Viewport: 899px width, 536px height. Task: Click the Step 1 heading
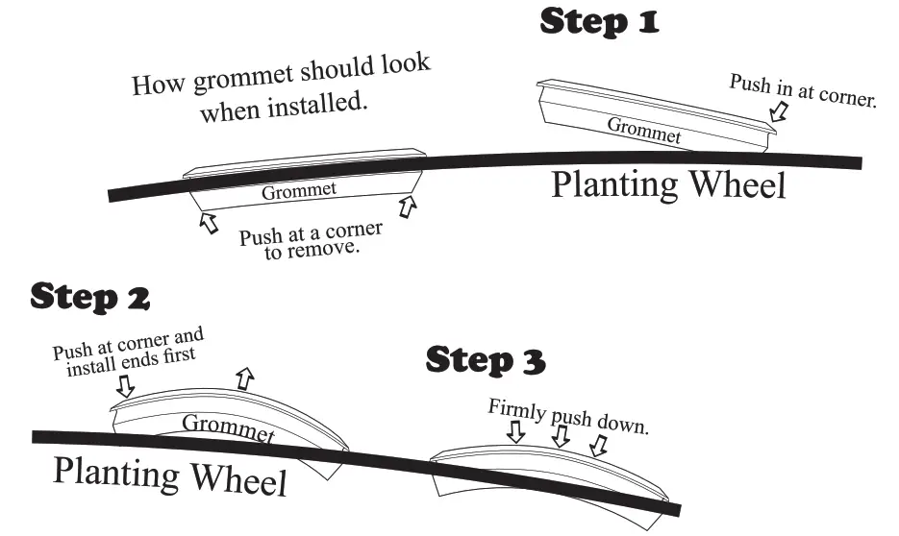coord(599,21)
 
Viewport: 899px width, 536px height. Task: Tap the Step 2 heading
coord(89,297)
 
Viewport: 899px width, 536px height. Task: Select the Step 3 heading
coord(485,361)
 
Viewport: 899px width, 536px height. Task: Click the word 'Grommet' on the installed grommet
coord(299,190)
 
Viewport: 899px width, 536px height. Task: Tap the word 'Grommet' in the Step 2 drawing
coord(228,428)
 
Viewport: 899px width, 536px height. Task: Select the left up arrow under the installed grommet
coord(204,222)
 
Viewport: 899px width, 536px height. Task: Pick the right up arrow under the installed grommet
coord(408,205)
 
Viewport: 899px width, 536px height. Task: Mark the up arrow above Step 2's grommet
coord(244,378)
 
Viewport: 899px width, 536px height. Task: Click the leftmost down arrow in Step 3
coord(515,431)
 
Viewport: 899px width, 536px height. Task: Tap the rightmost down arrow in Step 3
coord(598,444)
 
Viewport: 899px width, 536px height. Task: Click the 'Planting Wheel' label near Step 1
coord(667,184)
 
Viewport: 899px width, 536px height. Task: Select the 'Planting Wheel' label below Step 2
coord(169,475)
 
